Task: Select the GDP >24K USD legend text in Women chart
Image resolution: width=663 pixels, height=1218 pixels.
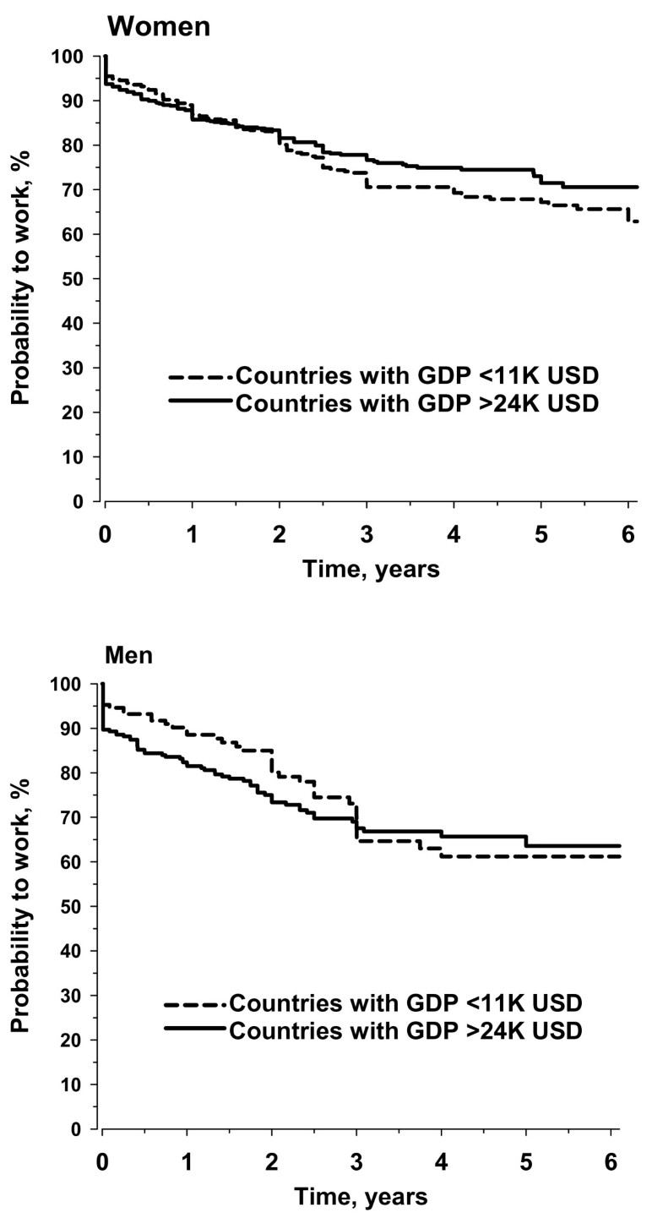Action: [x=417, y=402]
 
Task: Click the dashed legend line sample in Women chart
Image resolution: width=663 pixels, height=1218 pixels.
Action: [x=201, y=376]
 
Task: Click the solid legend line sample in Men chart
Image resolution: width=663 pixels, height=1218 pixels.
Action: [x=195, y=1028]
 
